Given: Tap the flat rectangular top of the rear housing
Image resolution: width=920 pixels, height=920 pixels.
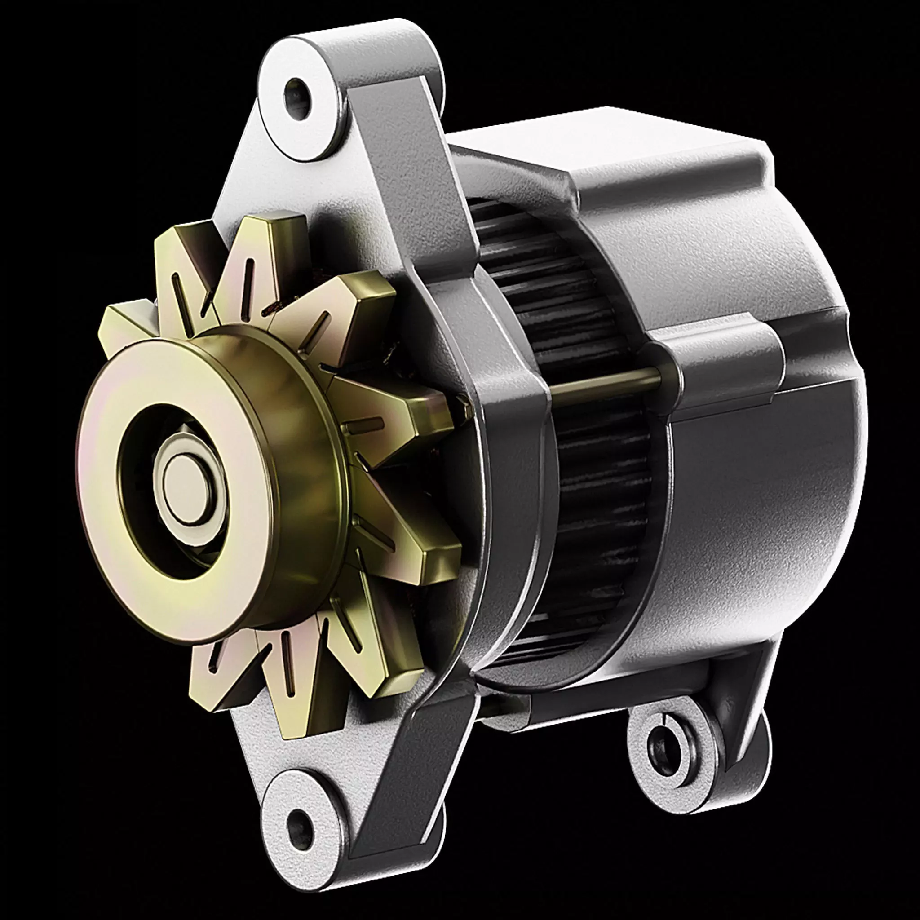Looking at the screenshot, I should pos(595,138).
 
